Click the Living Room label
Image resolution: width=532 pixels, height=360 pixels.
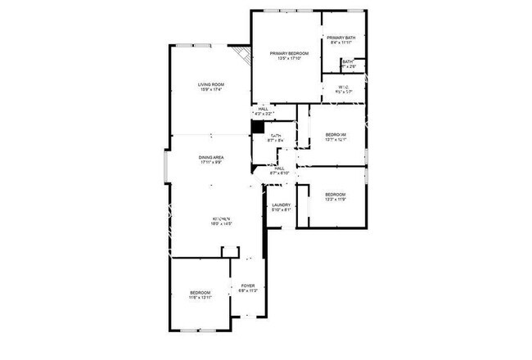[211, 84]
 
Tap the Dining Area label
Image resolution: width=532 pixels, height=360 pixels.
[211, 157]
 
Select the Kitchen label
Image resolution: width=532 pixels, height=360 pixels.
[222, 219]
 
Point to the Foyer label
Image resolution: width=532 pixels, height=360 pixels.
[247, 286]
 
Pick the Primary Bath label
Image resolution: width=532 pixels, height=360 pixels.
[341, 38]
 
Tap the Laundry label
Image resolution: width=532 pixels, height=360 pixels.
[282, 205]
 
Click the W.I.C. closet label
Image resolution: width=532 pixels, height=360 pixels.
[344, 87]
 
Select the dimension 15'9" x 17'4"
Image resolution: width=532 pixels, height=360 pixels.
[211, 90]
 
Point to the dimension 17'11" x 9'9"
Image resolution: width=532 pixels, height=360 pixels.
[211, 163]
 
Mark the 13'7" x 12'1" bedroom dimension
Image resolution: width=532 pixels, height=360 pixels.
[336, 140]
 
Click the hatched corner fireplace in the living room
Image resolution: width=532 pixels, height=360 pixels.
[241, 56]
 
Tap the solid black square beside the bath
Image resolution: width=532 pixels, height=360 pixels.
[257, 127]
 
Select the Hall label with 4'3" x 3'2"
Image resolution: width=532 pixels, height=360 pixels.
[264, 108]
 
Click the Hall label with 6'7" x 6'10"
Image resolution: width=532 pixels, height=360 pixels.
[279, 169]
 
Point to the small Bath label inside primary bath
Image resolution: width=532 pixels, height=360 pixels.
[348, 61]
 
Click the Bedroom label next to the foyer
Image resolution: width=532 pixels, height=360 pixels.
[201, 293]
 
